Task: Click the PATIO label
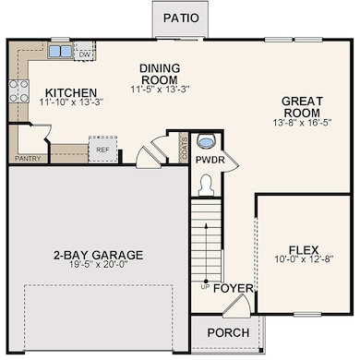coord(181,18)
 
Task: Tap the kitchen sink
coord(60,51)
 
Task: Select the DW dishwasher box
coord(85,51)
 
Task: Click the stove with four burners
coord(18,90)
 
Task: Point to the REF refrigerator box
coord(102,150)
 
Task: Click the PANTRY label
coord(28,159)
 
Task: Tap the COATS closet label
coord(185,149)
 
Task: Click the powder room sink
coord(206,141)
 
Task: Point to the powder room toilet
coord(206,185)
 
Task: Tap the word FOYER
coord(234,288)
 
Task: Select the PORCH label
coord(228,332)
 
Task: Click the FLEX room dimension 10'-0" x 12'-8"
coord(304,258)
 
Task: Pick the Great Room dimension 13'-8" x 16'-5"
coord(302,123)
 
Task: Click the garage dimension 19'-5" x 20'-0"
coord(98,264)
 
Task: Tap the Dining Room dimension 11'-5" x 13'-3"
coord(160,90)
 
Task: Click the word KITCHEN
coord(71,92)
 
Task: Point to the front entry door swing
coord(237,306)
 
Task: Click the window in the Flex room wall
coord(307,314)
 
